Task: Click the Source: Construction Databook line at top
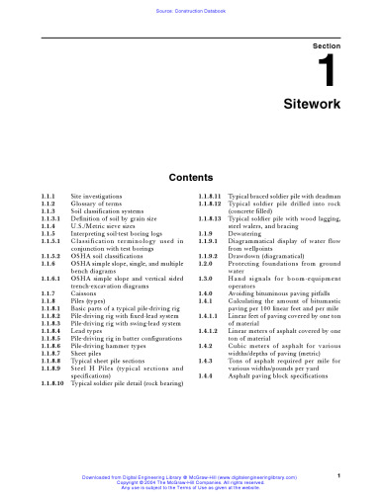(x=191, y=9)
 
